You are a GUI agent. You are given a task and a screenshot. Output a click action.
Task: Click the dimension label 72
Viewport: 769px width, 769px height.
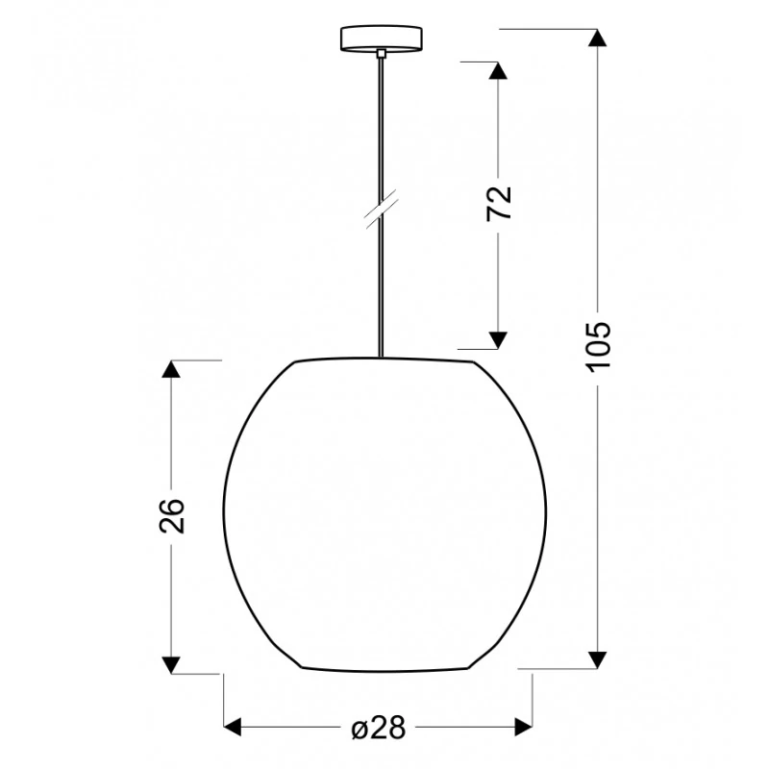[499, 204]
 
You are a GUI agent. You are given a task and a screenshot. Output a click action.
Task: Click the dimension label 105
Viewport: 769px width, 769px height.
[598, 347]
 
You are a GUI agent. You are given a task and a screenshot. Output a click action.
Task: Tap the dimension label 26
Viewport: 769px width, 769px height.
[172, 515]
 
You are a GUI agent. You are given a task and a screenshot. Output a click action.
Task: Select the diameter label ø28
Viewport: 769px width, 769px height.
[379, 728]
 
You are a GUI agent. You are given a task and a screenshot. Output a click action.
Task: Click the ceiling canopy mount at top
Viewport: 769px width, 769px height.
[382, 38]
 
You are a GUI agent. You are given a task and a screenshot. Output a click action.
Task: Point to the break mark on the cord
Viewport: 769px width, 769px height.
[381, 213]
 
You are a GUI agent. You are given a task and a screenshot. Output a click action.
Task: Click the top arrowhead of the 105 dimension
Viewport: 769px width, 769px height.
[597, 37]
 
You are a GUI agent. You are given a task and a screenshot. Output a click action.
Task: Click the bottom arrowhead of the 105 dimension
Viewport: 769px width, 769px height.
[597, 659]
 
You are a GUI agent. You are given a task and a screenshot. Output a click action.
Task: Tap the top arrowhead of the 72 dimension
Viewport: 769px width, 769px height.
[498, 70]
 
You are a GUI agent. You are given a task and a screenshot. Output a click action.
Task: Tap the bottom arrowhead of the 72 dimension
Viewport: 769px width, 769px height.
[498, 340]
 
